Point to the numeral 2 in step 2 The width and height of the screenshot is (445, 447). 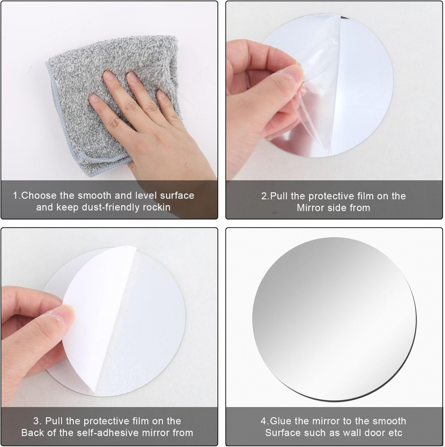264,196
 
